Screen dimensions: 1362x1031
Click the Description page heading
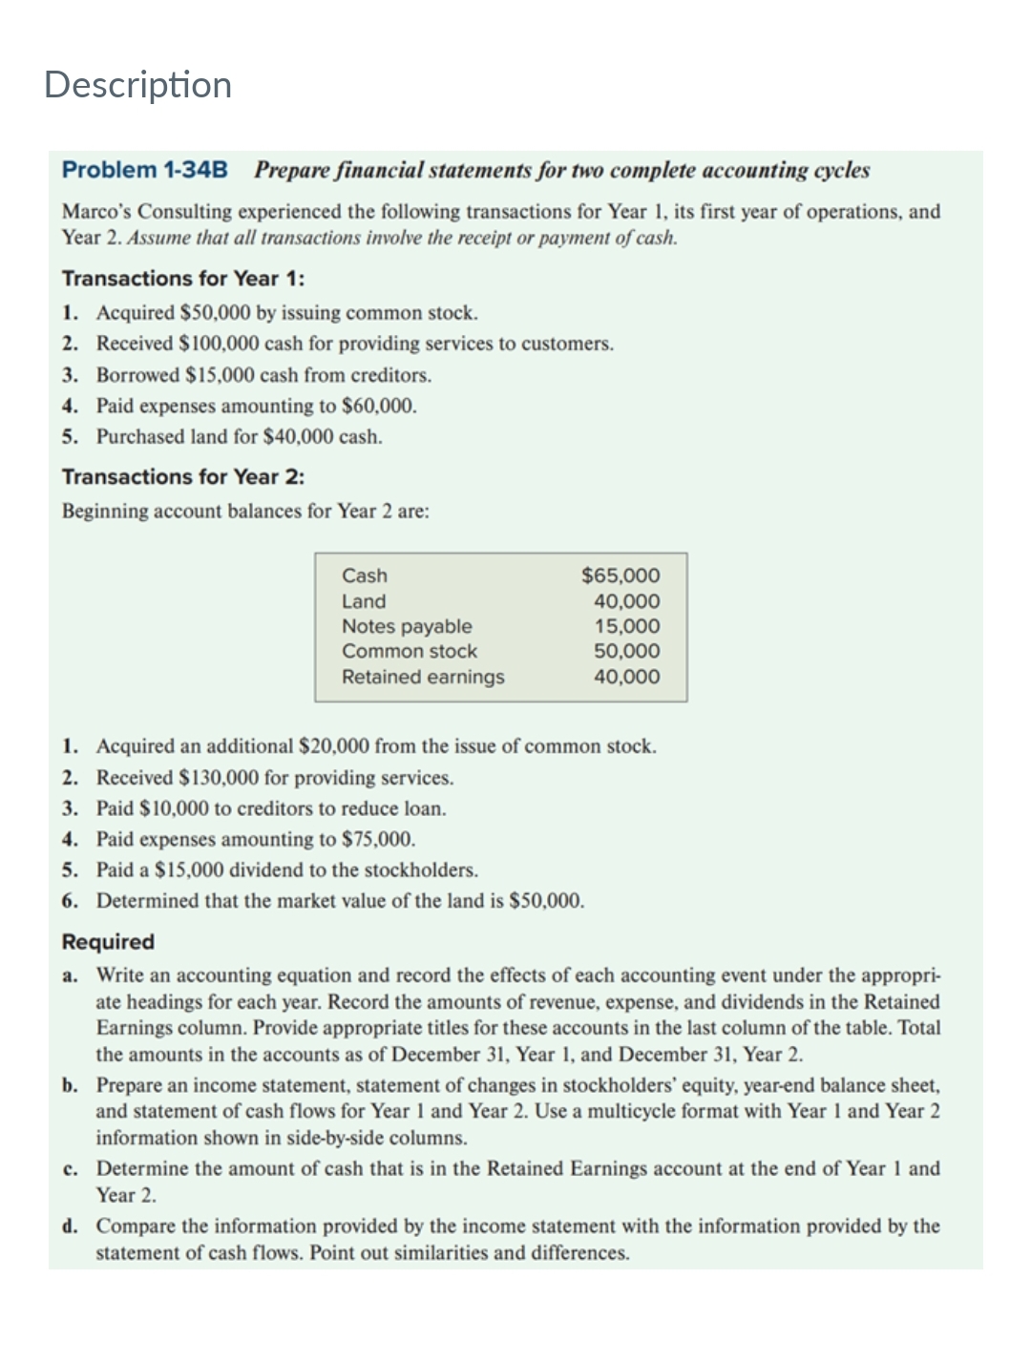click(x=137, y=85)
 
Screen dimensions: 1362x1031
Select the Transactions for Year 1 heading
click(x=183, y=279)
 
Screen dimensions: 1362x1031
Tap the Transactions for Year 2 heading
click(x=183, y=476)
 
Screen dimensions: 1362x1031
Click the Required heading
click(x=108, y=942)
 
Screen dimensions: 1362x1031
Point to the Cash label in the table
click(x=365, y=576)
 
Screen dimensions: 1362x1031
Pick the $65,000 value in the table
click(x=621, y=576)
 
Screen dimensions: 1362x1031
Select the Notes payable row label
click(x=407, y=626)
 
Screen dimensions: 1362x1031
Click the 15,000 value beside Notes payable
click(x=626, y=626)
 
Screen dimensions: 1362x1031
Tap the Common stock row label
click(x=410, y=651)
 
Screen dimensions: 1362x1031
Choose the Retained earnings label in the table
click(x=423, y=677)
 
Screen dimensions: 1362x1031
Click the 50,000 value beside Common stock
click(x=626, y=651)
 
